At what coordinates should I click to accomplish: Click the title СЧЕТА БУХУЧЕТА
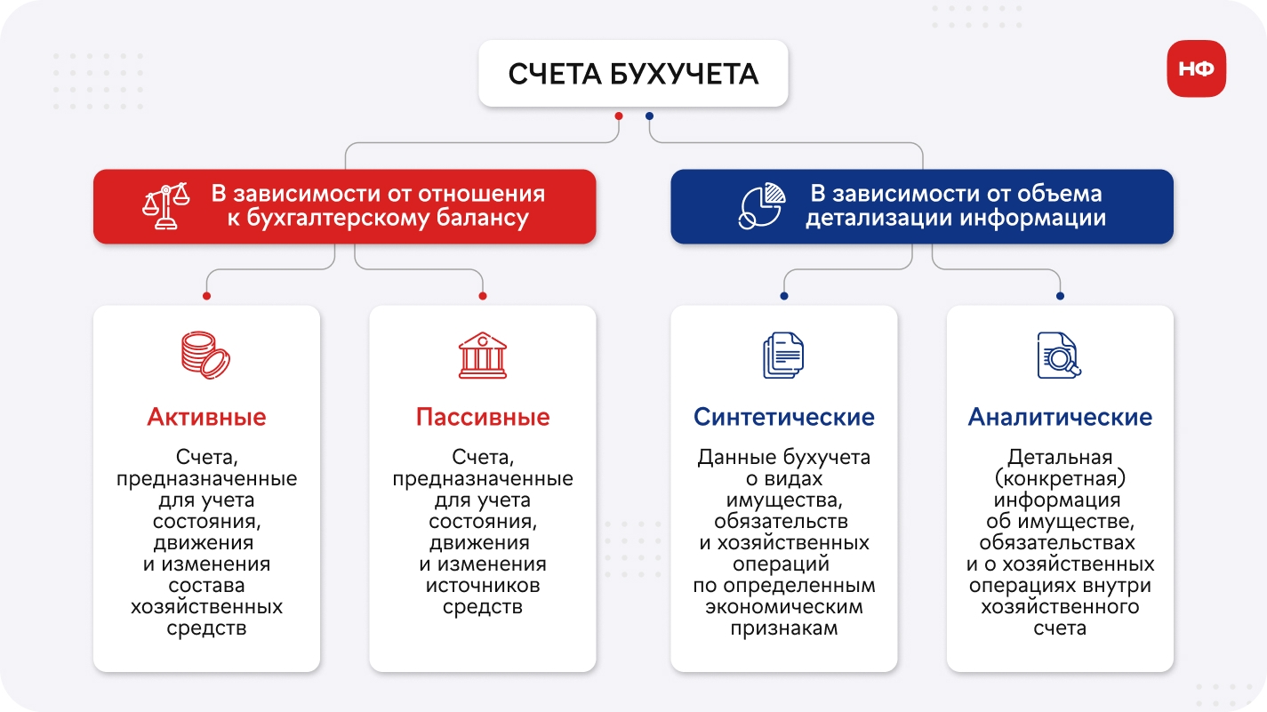point(633,74)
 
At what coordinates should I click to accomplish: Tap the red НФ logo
point(1196,68)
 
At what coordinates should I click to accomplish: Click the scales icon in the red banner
point(165,206)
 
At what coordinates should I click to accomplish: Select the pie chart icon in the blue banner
point(762,206)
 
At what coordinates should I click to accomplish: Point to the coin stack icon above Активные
point(206,356)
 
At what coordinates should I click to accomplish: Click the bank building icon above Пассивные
point(483,356)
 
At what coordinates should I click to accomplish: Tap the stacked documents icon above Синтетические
point(783,356)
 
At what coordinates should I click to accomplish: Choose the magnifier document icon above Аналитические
point(1059,356)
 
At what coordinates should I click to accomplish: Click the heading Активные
point(206,418)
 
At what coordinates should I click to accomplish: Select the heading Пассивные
point(483,418)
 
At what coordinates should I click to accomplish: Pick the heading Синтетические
point(784,418)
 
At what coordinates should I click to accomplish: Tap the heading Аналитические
point(1060,418)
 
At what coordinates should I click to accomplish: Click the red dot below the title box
point(619,116)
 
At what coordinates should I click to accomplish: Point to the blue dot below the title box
point(649,116)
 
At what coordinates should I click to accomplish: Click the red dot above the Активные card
point(206,296)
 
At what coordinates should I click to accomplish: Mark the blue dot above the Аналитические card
point(1060,296)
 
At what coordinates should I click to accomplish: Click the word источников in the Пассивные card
point(483,585)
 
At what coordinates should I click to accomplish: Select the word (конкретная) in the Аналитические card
point(1060,479)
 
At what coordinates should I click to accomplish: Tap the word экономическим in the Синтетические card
point(784,607)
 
